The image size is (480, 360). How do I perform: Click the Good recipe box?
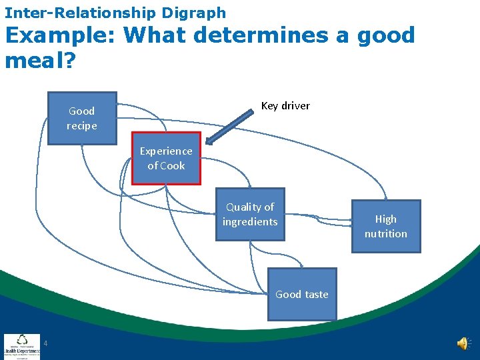point(82,118)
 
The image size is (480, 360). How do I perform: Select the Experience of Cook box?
point(166,158)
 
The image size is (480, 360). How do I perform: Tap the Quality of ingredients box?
point(250,214)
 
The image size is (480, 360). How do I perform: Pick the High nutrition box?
point(385,226)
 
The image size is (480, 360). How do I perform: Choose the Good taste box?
point(301,294)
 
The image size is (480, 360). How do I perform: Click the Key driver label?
point(285,106)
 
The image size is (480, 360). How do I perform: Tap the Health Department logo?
point(21,346)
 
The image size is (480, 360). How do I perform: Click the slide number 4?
point(45,343)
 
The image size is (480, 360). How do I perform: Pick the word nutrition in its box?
point(385,234)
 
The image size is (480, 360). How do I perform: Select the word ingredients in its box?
point(250,222)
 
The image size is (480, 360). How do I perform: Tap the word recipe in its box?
point(82,126)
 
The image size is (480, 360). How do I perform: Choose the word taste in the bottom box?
point(316,295)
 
